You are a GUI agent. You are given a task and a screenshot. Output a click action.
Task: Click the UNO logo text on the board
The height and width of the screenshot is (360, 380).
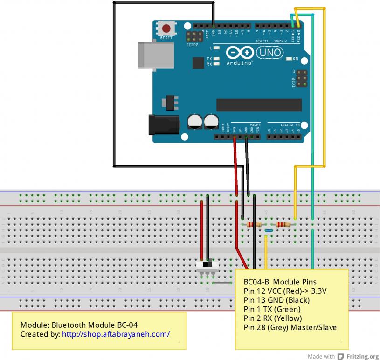click(x=270, y=53)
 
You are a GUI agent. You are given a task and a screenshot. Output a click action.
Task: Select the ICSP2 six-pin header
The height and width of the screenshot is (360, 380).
click(x=194, y=36)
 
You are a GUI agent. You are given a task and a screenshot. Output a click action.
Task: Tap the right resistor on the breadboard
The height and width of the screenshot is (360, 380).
click(x=283, y=224)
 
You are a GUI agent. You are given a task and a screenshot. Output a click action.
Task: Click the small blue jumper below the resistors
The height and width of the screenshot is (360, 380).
click(x=269, y=230)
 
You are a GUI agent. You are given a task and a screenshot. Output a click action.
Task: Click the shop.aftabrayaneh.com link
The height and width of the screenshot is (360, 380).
click(x=116, y=334)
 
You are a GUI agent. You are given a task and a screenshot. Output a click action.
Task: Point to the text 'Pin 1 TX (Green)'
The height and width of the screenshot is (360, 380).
click(x=272, y=309)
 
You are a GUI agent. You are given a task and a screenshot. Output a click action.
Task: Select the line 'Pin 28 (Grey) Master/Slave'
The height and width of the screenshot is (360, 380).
click(x=290, y=327)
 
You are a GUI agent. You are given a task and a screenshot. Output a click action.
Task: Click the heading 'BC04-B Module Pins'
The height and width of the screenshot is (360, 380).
click(x=280, y=282)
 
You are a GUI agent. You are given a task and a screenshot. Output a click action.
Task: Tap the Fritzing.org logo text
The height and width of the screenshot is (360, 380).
click(x=363, y=356)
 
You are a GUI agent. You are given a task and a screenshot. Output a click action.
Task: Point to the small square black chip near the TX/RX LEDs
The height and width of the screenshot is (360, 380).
click(x=198, y=63)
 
